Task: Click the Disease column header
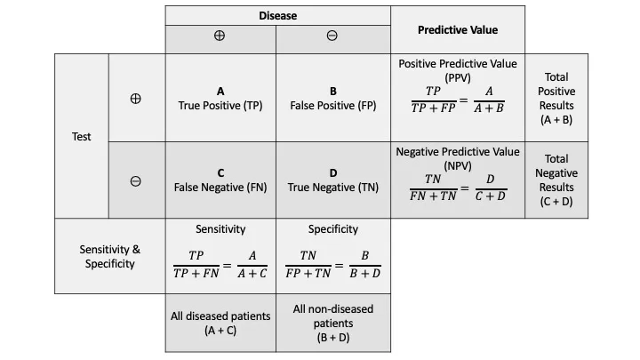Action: pyautogui.click(x=277, y=16)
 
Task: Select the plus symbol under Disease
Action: pyautogui.click(x=220, y=37)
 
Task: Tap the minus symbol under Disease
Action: pyautogui.click(x=332, y=37)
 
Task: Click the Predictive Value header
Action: pyautogui.click(x=458, y=29)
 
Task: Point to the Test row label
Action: pyautogui.click(x=82, y=137)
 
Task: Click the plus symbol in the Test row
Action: pyautogui.click(x=135, y=99)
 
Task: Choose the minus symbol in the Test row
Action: pyautogui.click(x=135, y=180)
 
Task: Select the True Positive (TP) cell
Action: pyautogui.click(x=220, y=98)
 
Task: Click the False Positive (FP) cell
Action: pyautogui.click(x=332, y=98)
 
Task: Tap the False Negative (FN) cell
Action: pyautogui.click(x=220, y=180)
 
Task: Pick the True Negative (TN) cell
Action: pyautogui.click(x=332, y=180)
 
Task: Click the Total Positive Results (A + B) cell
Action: pyautogui.click(x=556, y=98)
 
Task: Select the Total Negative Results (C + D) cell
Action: pyautogui.click(x=556, y=180)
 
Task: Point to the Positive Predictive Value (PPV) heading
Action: pyautogui.click(x=458, y=70)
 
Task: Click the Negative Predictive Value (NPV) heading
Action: pyautogui.click(x=458, y=158)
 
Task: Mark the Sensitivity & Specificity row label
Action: pyautogui.click(x=110, y=257)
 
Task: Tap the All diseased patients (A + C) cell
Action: pyautogui.click(x=220, y=324)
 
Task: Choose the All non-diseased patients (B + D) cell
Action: pyautogui.click(x=332, y=324)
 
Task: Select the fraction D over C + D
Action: pyautogui.click(x=490, y=188)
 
